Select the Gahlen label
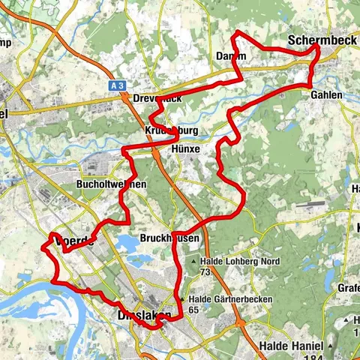325,95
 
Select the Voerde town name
73,241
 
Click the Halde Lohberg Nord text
239,261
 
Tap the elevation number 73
204,271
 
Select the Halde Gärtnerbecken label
238,298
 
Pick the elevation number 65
194,308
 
